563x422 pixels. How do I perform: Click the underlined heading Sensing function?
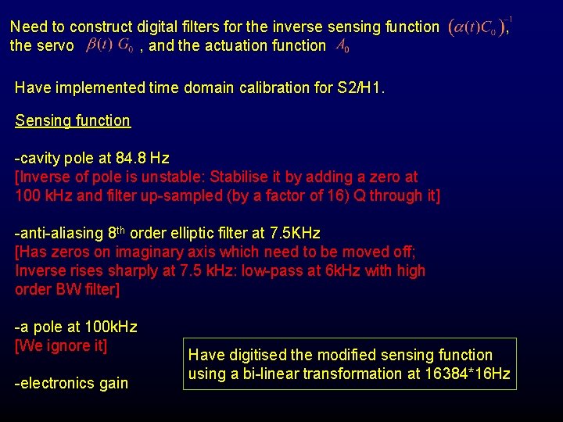pos(73,120)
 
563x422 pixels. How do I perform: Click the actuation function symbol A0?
pos(342,46)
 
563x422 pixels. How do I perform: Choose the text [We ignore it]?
pos(61,345)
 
